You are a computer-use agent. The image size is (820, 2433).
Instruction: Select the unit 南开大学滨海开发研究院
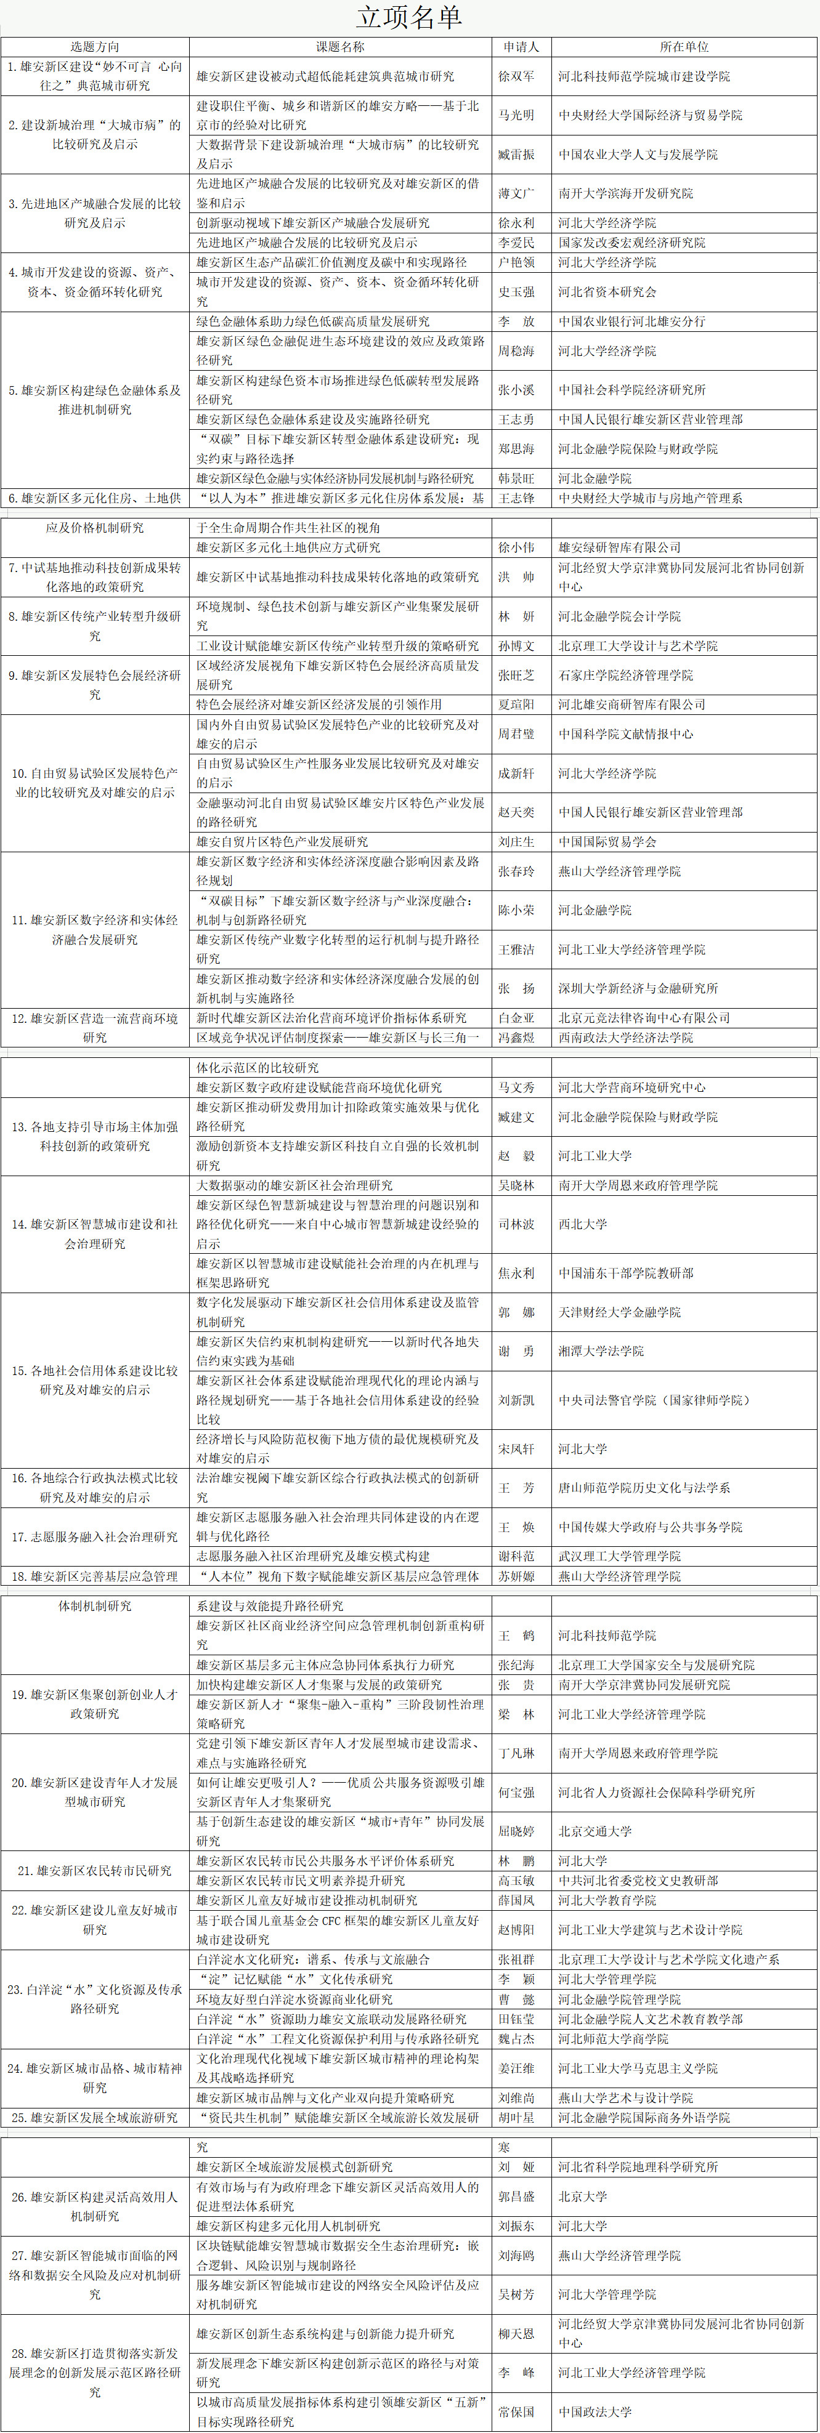tap(625, 193)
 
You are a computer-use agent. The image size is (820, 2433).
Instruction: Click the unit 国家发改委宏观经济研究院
tap(631, 243)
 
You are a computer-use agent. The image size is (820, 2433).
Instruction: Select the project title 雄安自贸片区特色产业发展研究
tap(282, 842)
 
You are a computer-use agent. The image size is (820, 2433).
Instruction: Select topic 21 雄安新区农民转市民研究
tap(94, 1871)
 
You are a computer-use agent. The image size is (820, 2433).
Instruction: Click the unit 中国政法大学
tap(595, 2411)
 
